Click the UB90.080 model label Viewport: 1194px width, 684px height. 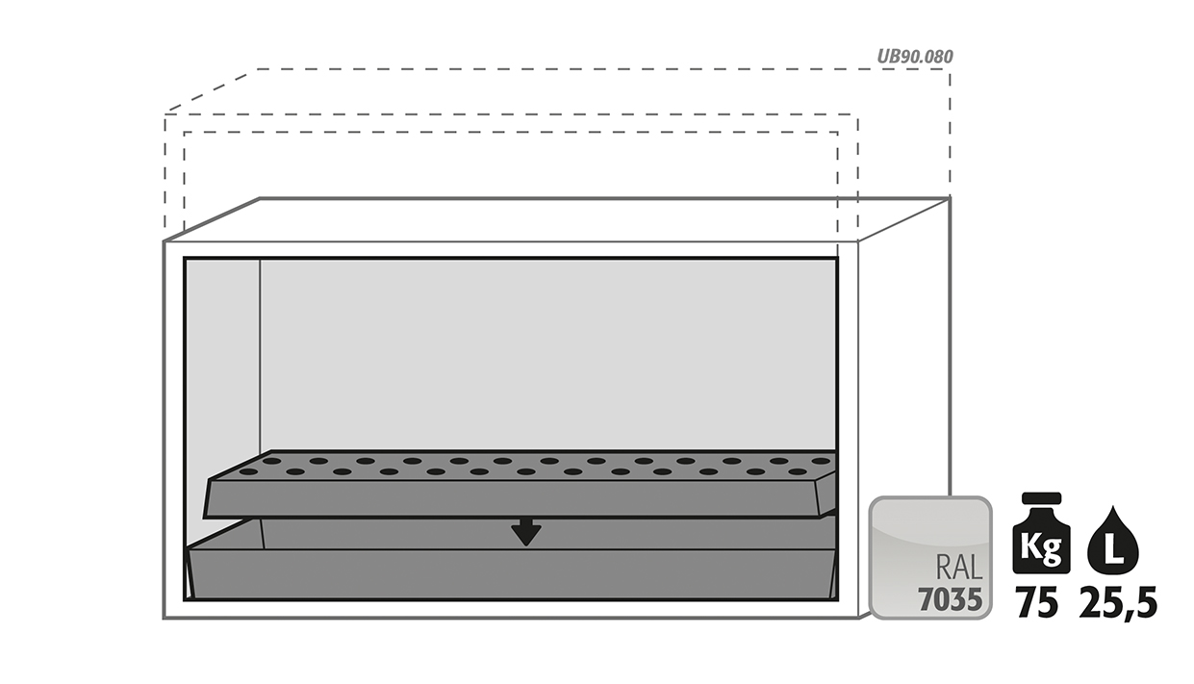click(x=915, y=57)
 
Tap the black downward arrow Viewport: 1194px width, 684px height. click(x=526, y=531)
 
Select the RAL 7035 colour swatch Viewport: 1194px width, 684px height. click(x=930, y=558)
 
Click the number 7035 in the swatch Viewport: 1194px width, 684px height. click(x=950, y=599)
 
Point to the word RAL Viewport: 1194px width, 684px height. click(x=959, y=569)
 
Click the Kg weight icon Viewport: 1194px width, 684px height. click(x=1041, y=533)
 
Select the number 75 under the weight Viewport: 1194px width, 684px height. click(x=1037, y=602)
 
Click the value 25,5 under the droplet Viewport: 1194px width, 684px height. click(x=1118, y=603)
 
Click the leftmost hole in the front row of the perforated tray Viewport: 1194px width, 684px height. click(x=248, y=471)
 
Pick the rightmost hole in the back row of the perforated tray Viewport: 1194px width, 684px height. click(x=822, y=461)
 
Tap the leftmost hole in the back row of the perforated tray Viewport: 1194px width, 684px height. click(x=273, y=461)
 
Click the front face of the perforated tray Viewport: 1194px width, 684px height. click(x=512, y=499)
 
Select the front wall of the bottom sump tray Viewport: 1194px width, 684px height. click(x=512, y=573)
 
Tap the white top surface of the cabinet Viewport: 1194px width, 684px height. click(x=557, y=219)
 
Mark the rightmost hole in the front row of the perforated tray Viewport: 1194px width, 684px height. click(x=798, y=471)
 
